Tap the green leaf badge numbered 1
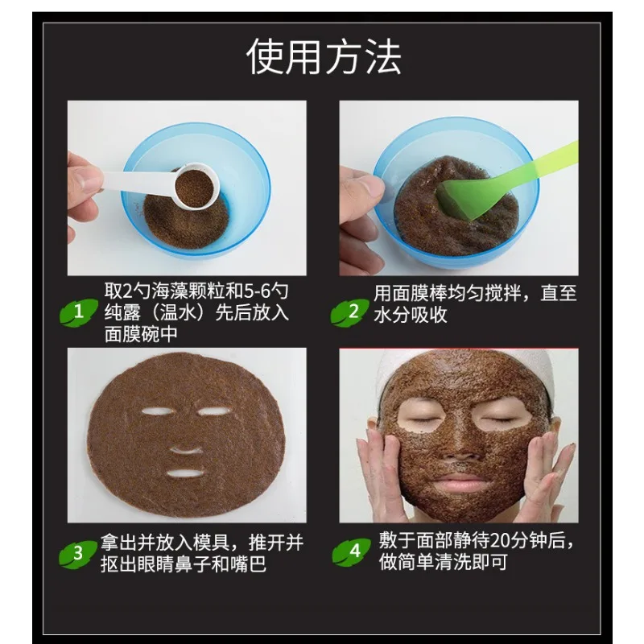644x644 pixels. coord(78,312)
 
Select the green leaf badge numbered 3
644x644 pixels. coord(78,553)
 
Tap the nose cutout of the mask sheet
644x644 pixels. coord(185,445)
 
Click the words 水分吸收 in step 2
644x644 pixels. coord(410,315)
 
